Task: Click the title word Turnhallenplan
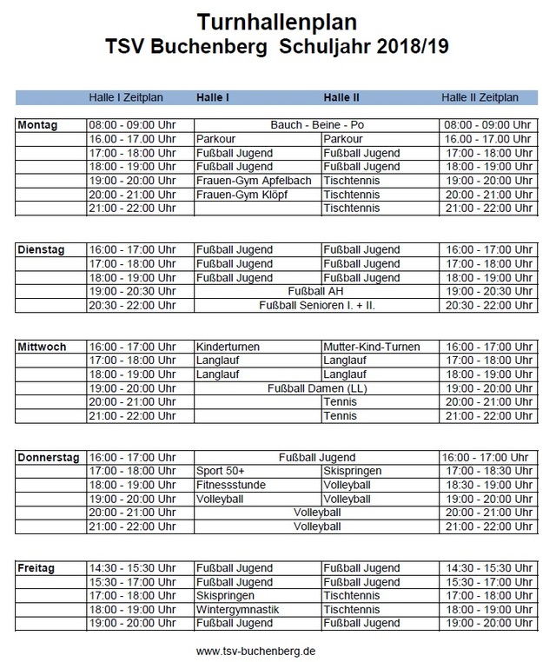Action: (277, 20)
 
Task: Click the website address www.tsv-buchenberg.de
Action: (255, 650)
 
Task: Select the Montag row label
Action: (37, 125)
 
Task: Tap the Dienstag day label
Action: (41, 250)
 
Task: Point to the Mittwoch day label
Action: (41, 347)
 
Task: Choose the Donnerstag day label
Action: (49, 457)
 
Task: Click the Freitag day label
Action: (36, 568)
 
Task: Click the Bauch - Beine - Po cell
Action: (317, 125)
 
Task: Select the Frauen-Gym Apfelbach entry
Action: (248, 181)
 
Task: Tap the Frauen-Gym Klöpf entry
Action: (242, 195)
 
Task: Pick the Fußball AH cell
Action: (317, 292)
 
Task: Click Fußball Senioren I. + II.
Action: (317, 306)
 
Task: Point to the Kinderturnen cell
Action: (228, 347)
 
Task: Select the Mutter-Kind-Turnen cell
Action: (371, 347)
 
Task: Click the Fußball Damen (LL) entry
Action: (317, 388)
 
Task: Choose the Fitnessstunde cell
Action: (231, 485)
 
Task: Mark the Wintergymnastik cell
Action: (238, 610)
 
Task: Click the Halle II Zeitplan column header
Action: (480, 97)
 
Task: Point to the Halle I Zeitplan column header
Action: (126, 97)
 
